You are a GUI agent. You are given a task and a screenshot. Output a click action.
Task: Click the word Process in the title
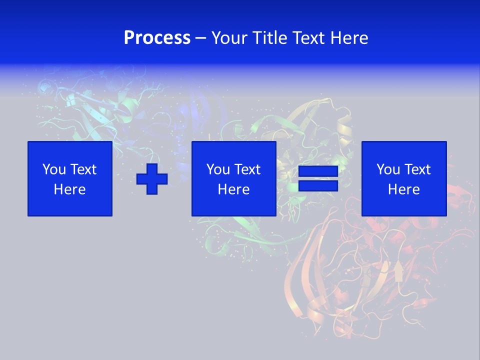(157, 38)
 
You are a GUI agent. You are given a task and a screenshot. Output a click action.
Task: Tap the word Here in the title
(349, 38)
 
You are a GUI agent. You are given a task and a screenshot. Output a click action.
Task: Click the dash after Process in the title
(200, 38)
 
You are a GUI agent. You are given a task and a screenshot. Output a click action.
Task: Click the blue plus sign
(152, 179)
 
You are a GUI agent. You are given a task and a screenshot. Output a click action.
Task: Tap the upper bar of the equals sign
(318, 171)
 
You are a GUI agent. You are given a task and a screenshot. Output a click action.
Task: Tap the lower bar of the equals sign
(318, 186)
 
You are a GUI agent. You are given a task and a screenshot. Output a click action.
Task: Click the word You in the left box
(53, 169)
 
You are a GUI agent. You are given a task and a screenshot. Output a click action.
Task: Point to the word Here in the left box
(70, 189)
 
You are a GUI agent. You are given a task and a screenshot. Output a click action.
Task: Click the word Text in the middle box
(247, 169)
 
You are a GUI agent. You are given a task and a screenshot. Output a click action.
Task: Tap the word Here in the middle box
(234, 189)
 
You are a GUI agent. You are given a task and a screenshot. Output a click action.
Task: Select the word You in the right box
(387, 169)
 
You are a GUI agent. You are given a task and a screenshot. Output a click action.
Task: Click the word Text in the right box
(417, 169)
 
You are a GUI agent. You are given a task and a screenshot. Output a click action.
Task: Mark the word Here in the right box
(404, 189)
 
